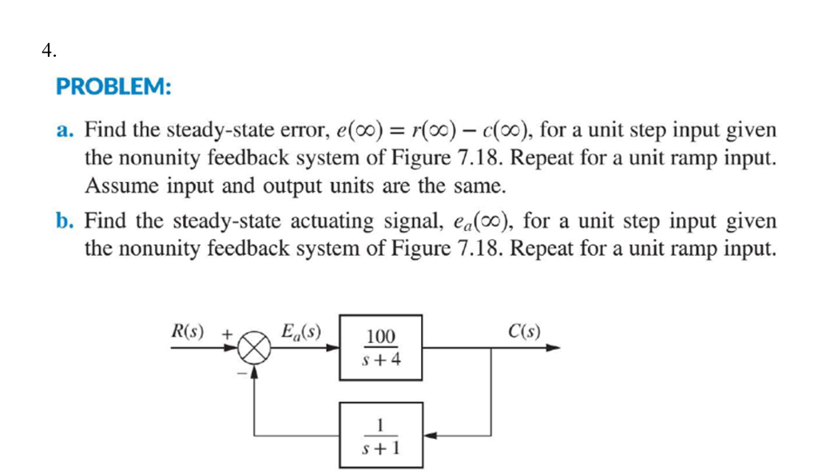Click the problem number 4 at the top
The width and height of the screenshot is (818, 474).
click(49, 51)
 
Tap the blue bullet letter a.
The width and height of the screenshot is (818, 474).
click(65, 129)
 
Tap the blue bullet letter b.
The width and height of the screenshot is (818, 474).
click(65, 221)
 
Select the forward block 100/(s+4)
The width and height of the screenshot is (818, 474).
click(381, 348)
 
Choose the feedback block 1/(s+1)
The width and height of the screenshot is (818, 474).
click(381, 435)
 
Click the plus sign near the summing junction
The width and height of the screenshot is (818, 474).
click(227, 333)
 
